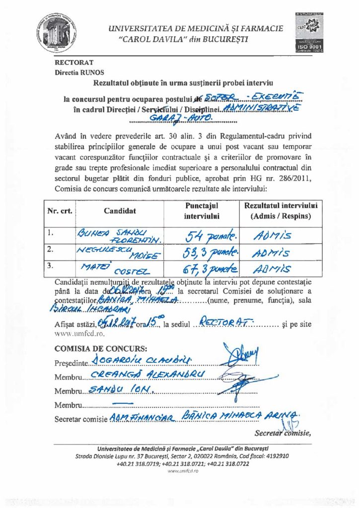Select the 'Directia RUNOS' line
coord(76,72)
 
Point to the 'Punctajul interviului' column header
coord(202,210)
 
